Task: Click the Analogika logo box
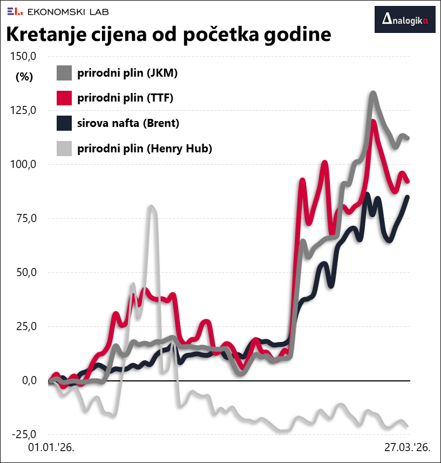pos(405,20)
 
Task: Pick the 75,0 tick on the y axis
pos(25,218)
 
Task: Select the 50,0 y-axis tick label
pos(25,272)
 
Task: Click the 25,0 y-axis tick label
pos(25,326)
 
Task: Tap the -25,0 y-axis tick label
pos(23,434)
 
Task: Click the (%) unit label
pos(24,77)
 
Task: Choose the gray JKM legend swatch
pos(64,73)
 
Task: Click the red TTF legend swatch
pos(64,98)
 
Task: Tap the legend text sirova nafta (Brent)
pos(128,123)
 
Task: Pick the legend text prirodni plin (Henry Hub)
pos(145,148)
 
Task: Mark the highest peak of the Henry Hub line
pos(152,207)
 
